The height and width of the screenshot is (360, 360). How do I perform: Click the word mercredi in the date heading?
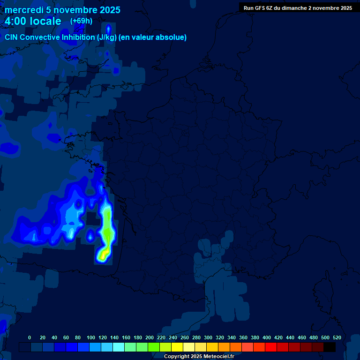click(24, 10)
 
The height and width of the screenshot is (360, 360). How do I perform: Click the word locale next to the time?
click(45, 21)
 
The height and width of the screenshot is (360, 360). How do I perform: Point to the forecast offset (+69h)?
click(81, 21)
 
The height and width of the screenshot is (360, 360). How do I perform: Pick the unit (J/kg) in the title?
click(107, 37)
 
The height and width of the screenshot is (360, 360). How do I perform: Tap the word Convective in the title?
click(41, 37)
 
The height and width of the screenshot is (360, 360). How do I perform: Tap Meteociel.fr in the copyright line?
click(219, 357)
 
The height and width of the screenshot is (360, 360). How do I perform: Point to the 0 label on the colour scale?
click(30, 337)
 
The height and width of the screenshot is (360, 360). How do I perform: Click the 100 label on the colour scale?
click(91, 337)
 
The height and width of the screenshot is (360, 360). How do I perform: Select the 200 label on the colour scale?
click(150, 337)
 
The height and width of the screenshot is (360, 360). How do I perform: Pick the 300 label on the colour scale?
click(208, 337)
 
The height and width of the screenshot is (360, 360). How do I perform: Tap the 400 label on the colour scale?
click(267, 337)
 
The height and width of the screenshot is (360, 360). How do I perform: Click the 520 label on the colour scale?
click(337, 337)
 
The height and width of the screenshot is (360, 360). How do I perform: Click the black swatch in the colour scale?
click(330, 347)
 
